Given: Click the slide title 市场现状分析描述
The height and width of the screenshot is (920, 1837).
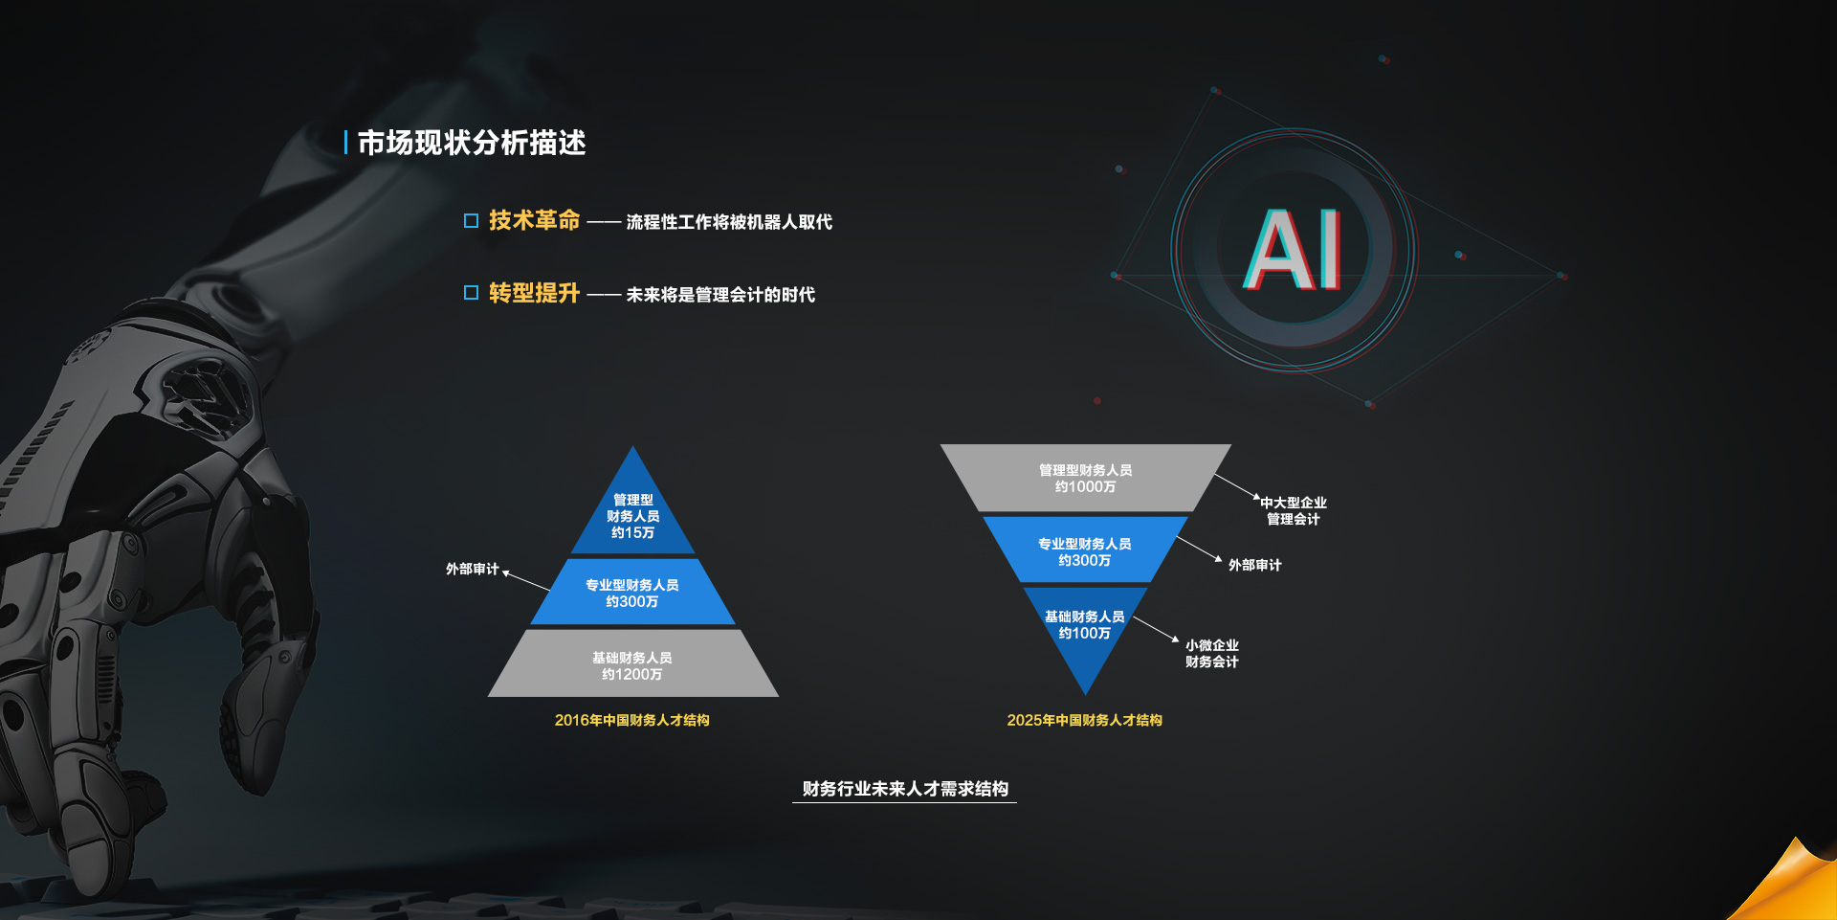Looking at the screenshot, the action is coord(471,143).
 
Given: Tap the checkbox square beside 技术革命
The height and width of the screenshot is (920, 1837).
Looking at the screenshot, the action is coord(471,221).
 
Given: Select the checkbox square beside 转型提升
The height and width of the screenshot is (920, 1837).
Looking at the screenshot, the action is coord(471,293).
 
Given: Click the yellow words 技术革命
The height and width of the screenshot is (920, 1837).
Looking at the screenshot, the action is coord(534,220).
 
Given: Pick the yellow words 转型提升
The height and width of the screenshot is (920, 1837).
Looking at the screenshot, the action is coord(534,293).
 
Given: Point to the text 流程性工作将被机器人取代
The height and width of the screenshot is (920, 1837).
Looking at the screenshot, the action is coord(729,222).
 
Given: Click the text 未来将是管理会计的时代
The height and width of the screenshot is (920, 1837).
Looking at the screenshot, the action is coord(720,295).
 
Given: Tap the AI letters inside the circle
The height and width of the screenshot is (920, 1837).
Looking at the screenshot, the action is coord(1294,250).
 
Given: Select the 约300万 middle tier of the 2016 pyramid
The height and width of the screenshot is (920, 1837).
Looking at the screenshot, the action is coord(632,593).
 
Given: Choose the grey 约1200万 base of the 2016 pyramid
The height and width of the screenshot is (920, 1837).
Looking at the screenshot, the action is coord(632,663).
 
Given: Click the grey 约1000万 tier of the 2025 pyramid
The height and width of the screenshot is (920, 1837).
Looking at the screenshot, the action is coord(1085,478).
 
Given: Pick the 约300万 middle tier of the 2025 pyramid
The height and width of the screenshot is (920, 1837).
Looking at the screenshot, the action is coord(1085,550).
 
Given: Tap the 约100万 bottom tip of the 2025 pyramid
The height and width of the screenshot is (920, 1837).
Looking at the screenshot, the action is coord(1085,632).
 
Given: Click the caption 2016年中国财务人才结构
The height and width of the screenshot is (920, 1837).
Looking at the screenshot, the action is coord(631,720).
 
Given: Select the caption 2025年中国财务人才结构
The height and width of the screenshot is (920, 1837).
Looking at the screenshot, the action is coord(1084,720).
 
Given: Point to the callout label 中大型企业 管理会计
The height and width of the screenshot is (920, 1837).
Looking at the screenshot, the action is coord(1294,510).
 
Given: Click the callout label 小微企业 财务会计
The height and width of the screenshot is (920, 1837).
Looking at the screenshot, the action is coord(1212,653).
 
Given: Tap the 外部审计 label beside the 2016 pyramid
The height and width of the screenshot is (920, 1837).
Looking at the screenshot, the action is coord(472,569).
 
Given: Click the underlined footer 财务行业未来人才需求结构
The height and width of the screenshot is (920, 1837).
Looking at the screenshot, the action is coord(905,789).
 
